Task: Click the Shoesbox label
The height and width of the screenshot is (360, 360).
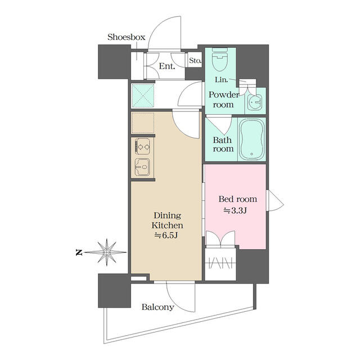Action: click(x=127, y=37)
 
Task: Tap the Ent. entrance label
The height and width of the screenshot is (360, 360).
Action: click(x=167, y=66)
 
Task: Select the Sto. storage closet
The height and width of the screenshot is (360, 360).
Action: click(x=195, y=60)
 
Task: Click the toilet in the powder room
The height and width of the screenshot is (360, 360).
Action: click(x=219, y=60)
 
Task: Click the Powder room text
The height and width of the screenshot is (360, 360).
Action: click(x=224, y=100)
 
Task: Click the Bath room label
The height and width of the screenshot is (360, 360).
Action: click(x=223, y=145)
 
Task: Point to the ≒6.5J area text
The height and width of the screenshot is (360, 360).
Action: click(x=166, y=235)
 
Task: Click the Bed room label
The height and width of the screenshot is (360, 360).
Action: click(x=237, y=199)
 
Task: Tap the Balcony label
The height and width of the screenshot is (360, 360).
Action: click(x=157, y=308)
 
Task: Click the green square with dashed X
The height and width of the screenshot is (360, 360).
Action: click(x=142, y=95)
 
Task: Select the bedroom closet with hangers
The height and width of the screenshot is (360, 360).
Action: click(x=220, y=262)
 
